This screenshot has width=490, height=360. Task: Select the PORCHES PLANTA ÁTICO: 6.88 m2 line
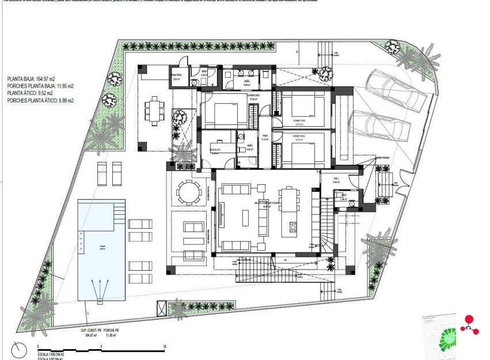40,100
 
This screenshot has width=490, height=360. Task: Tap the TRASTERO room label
176,75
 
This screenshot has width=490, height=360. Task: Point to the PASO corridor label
265,138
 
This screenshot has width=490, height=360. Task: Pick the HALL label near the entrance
337,179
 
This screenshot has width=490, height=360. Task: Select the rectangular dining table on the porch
154,110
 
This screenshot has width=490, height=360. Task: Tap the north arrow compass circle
19,350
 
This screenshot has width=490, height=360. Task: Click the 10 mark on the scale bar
165,347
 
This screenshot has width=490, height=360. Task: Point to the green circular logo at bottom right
447,339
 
